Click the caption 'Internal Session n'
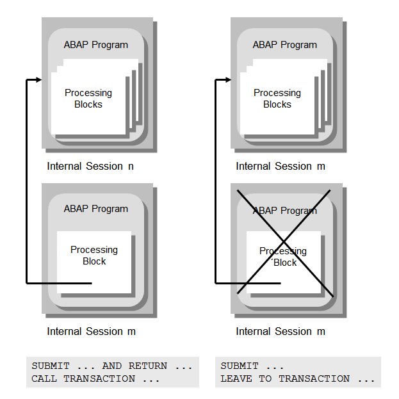tap(90, 166)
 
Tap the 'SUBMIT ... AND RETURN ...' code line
tap(111, 366)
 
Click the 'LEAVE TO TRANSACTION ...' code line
tap(298, 379)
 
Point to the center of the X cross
tap(286, 241)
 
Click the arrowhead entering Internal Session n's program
tap(38, 80)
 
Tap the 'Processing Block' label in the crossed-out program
tap(282, 257)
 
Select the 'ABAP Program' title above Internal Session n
tap(95, 45)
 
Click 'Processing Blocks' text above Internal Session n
tap(88, 99)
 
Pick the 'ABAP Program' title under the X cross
tap(284, 211)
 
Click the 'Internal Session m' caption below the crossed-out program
tap(281, 331)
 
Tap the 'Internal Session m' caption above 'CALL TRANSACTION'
tap(91, 331)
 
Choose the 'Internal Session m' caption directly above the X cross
tap(281, 166)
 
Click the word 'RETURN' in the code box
tap(147, 366)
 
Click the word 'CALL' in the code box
tap(44, 379)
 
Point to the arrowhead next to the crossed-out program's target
tap(227, 80)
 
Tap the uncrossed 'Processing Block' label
tap(94, 256)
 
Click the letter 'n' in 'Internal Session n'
tap(131, 167)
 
